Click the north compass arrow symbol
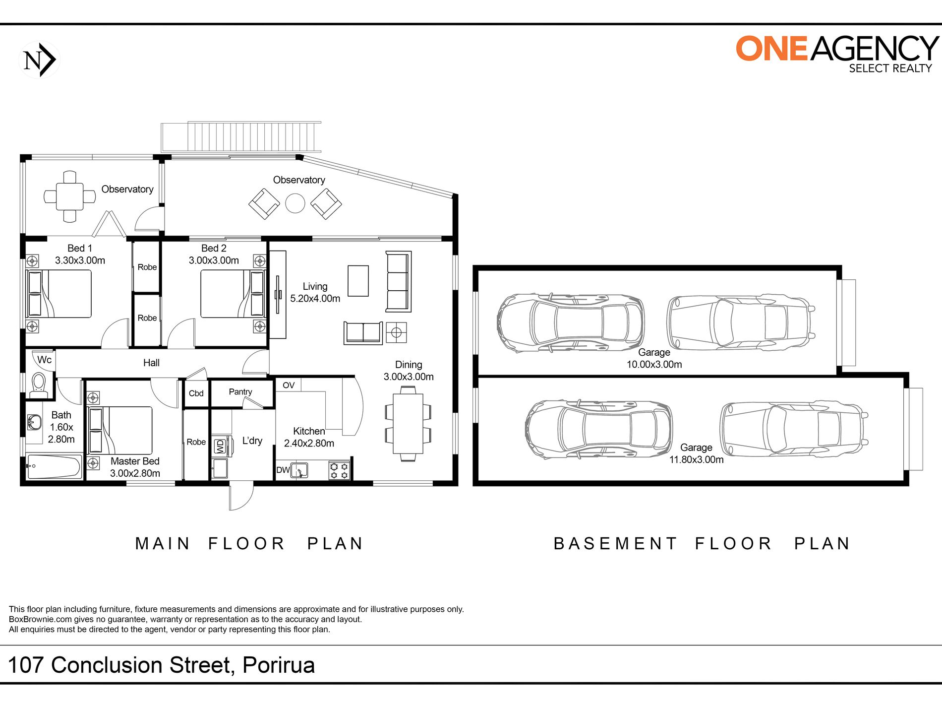coord(39,60)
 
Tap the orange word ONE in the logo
coord(772,49)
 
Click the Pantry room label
coord(240,392)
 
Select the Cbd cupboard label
coord(196,393)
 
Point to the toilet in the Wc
coord(38,385)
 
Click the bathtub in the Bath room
coord(54,467)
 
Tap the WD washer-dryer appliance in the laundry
coord(220,447)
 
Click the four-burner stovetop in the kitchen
coord(339,470)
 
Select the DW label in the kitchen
coord(283,470)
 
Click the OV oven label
coord(289,386)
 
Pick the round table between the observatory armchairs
coord(295,203)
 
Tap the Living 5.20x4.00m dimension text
coord(315,299)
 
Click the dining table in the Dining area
coord(408,423)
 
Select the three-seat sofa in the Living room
coord(399,281)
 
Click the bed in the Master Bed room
coord(120,430)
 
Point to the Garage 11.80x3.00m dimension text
coord(696,460)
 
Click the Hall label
coord(151,363)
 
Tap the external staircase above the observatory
coord(241,136)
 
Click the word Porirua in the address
coord(279,665)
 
